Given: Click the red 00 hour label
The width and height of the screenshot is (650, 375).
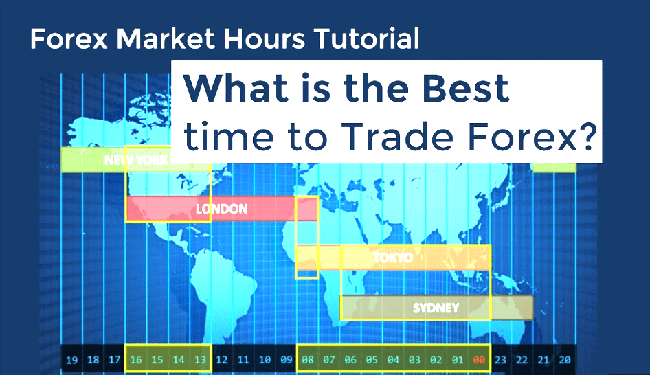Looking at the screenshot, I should pos(479,359).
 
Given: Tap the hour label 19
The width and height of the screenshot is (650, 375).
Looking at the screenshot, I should pos(71,359).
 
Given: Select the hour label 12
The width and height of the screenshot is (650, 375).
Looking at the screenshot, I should pos(221,359).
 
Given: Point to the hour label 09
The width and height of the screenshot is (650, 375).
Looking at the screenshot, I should pos(286,359).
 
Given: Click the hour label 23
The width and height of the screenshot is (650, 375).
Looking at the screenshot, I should pos(500,359).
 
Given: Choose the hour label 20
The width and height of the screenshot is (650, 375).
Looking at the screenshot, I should pos(565,359).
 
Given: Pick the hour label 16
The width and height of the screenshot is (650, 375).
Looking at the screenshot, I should pos(136,359).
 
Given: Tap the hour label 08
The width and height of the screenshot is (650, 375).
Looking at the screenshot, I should pos(308,359).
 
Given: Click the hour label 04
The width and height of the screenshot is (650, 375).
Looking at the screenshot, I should pos(393,359).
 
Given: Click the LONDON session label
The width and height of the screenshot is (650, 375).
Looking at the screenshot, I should pos(221,208).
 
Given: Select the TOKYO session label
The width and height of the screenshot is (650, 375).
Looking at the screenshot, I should pos(393,258).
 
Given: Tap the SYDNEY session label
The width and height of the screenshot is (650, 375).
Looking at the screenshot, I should pos(436,308).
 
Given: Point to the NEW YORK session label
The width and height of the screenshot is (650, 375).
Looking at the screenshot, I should pos(136,160).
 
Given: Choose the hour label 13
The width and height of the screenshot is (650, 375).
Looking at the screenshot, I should pos(200,359).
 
